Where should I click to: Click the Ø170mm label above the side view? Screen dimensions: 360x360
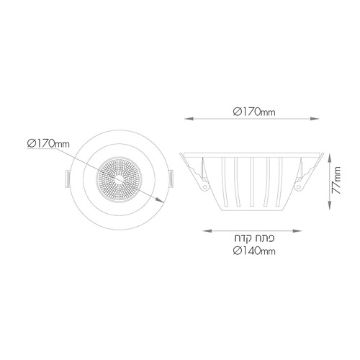(x=254, y=112)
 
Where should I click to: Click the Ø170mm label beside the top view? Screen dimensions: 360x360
(x=48, y=144)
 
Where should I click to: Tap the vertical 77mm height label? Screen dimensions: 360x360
(x=336, y=180)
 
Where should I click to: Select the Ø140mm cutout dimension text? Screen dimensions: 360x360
(x=254, y=251)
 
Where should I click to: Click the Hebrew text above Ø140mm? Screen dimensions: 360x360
(x=254, y=238)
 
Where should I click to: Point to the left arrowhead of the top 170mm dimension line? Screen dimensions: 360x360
(x=189, y=119)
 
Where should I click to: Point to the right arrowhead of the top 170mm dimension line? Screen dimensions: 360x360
(x=315, y=119)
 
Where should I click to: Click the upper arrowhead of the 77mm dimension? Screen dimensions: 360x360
(x=330, y=158)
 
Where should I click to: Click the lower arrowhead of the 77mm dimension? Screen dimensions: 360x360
(x=330, y=206)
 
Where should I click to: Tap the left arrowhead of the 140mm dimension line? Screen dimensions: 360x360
(x=207, y=231)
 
